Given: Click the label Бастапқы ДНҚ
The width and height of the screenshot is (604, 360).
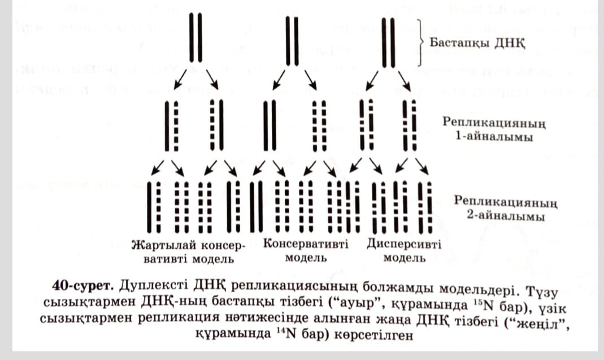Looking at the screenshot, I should click(477, 43).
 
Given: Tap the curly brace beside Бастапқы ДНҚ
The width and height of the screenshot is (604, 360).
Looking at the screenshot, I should click(421, 43).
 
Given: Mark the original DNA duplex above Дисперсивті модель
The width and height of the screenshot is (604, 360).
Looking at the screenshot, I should click(388, 42).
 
